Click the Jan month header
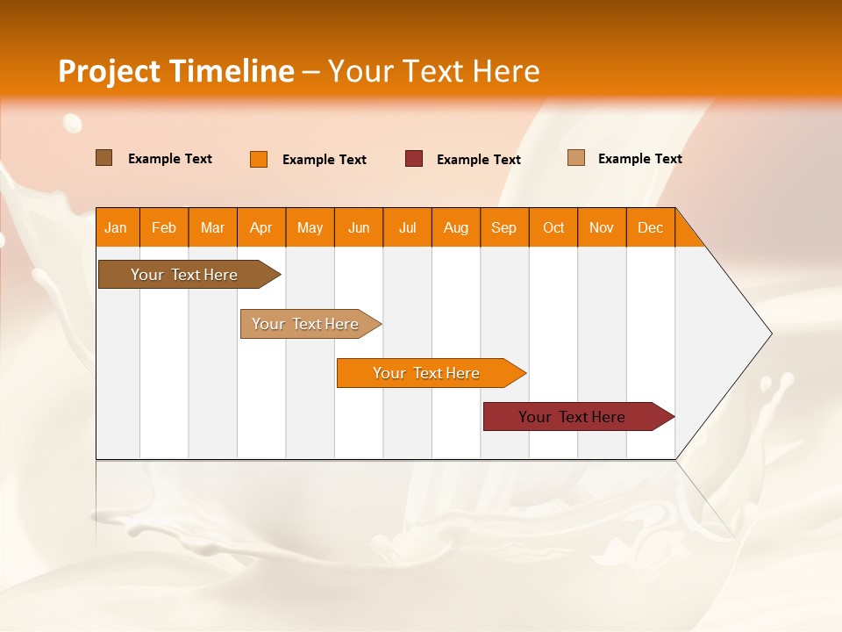click(x=117, y=227)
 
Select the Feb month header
click(x=164, y=227)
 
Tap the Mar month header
click(x=212, y=227)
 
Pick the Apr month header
click(x=261, y=227)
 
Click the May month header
click(x=310, y=227)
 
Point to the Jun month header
click(x=359, y=227)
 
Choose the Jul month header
click(x=407, y=227)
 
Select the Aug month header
click(x=456, y=227)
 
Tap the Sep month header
click(x=504, y=227)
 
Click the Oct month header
click(x=553, y=227)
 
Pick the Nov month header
click(x=602, y=227)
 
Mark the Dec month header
click(x=650, y=227)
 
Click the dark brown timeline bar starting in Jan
click(x=184, y=275)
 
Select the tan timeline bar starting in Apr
click(x=305, y=324)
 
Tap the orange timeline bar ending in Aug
click(x=426, y=373)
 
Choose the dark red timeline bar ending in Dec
click(x=572, y=417)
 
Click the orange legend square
click(x=259, y=159)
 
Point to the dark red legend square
click(x=414, y=159)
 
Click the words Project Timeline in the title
click(x=176, y=71)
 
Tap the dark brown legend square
click(x=104, y=158)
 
